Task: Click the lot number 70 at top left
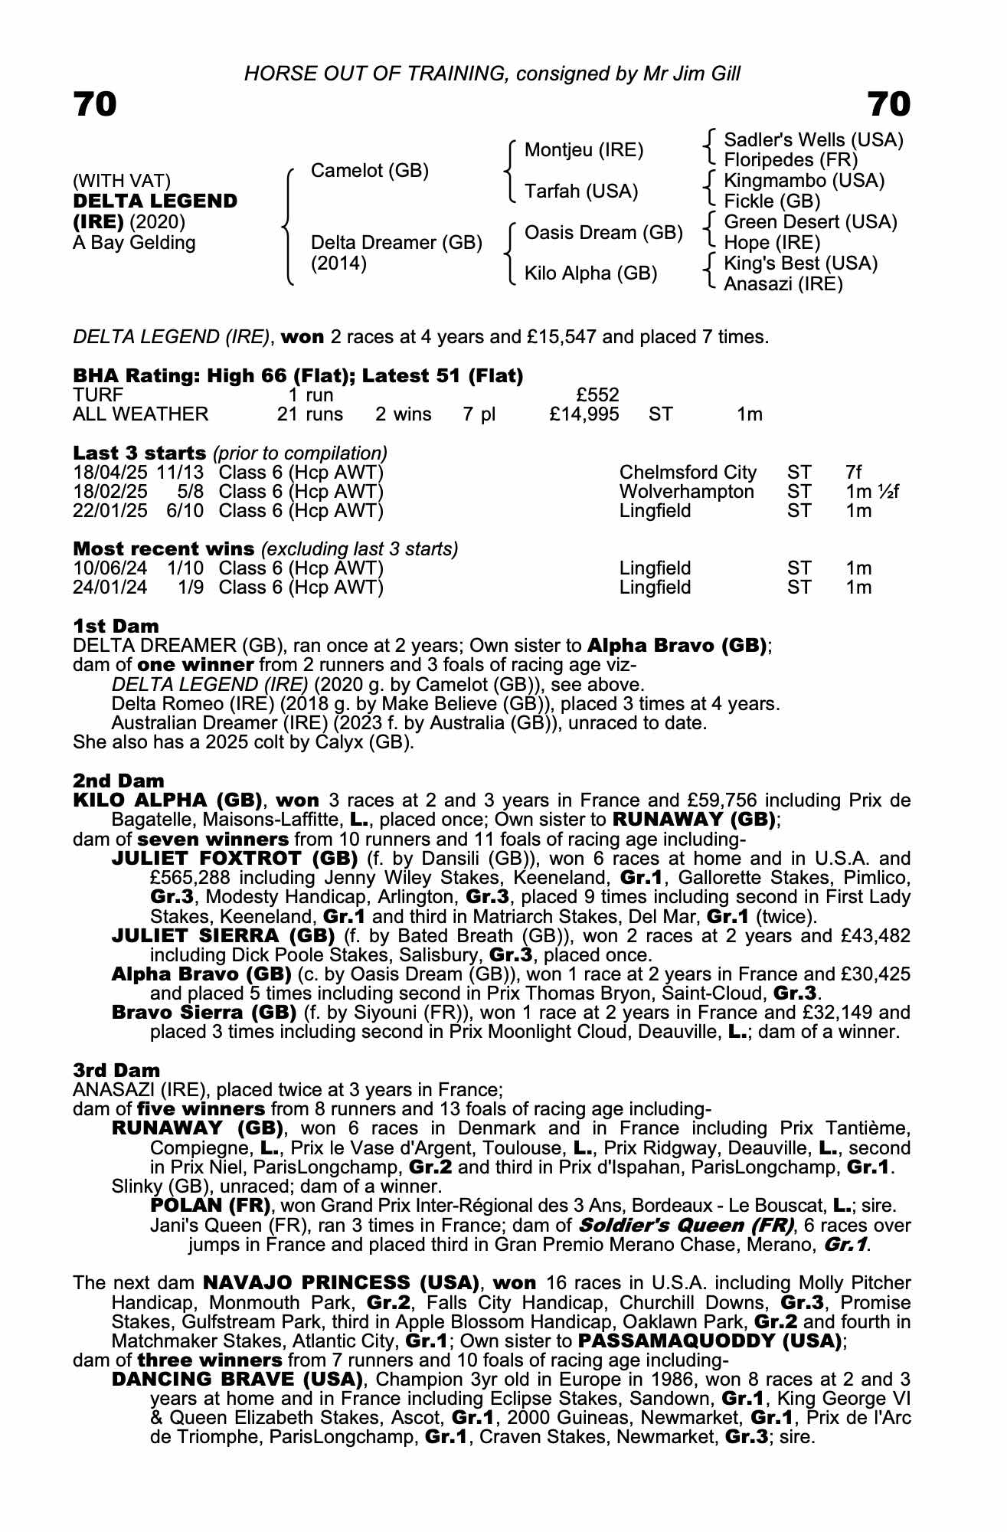[95, 104]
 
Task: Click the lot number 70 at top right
[889, 104]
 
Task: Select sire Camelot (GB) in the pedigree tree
[369, 171]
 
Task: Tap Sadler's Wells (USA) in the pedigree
[813, 140]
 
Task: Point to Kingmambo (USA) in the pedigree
[804, 181]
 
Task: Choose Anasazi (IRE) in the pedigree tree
[783, 284]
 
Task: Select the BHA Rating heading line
[298, 376]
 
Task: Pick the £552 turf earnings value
[597, 395]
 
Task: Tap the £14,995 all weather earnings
[584, 414]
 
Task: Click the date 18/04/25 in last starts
[110, 473]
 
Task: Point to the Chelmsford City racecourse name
[688, 473]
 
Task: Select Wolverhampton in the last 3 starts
[686, 492]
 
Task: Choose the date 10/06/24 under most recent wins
[110, 568]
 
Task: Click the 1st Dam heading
[116, 626]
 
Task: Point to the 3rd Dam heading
[116, 1070]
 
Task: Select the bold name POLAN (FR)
[208, 1206]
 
